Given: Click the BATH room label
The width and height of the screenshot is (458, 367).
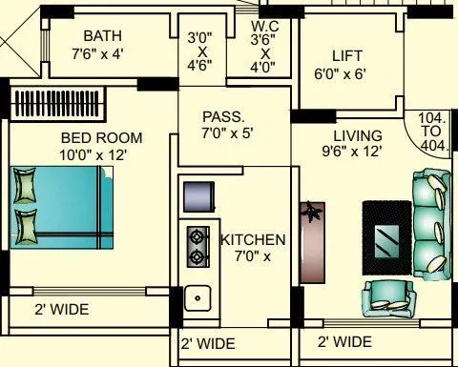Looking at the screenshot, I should pos(102,36).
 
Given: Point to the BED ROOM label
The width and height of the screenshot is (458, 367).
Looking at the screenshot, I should pos(91,136).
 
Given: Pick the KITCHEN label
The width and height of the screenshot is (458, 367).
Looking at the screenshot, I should pos(252,238).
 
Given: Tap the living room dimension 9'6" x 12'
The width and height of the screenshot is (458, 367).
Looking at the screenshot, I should pos(351,152).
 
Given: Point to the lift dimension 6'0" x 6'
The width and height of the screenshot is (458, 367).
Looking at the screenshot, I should pos(341,72).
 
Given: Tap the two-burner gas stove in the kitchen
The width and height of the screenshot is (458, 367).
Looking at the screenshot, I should pos(198,244).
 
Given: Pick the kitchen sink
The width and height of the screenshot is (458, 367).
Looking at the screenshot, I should pos(198,297).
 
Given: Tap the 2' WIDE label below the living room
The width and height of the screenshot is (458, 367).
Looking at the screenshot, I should pos(344,341).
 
